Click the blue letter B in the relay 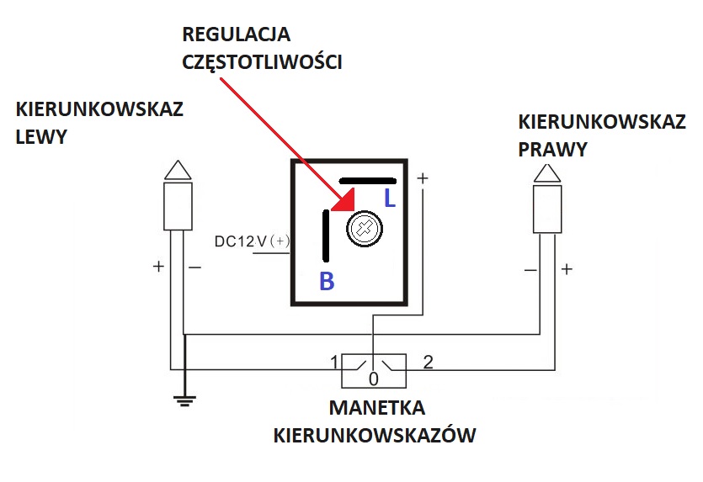(x=327, y=282)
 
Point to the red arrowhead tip (x=334, y=209)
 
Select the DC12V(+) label (x=252, y=241)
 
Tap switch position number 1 (x=333, y=363)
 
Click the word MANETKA (x=376, y=408)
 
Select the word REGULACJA (x=237, y=35)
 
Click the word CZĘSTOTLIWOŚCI (x=262, y=61)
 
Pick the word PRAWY (x=553, y=149)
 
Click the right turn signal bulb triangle (x=546, y=174)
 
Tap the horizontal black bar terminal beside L (x=367, y=180)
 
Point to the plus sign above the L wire (x=422, y=178)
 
